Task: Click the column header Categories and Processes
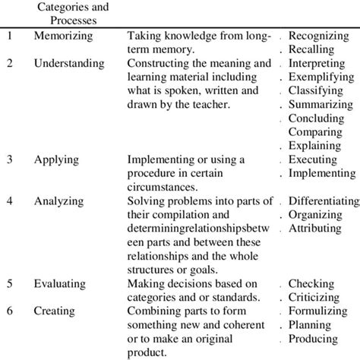(x=73, y=14)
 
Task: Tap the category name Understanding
(x=70, y=63)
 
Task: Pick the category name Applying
(x=55, y=159)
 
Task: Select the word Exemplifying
(x=322, y=77)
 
